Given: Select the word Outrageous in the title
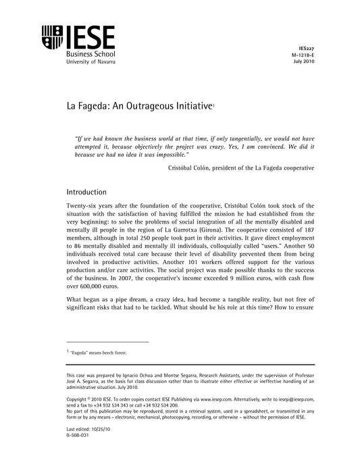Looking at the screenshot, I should coord(144,107).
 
